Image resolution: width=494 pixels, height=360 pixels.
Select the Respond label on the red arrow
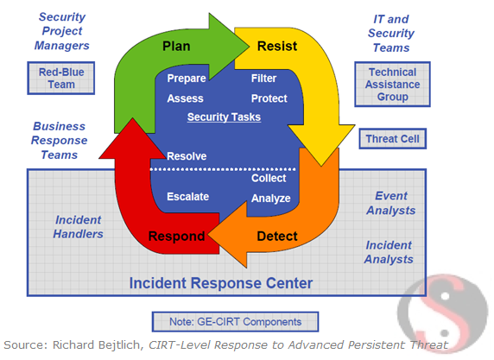pos(176,236)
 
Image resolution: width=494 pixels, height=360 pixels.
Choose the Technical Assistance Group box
pos(392,85)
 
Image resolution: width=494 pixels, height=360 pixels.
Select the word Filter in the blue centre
pos(263,79)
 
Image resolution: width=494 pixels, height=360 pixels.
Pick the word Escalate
pos(187,196)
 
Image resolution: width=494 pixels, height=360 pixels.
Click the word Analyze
pos(270,199)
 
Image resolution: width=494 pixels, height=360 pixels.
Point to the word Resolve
pos(187,156)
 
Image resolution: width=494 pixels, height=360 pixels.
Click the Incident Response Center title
pos(221,282)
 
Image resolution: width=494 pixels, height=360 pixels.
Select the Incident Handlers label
pos(79,226)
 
